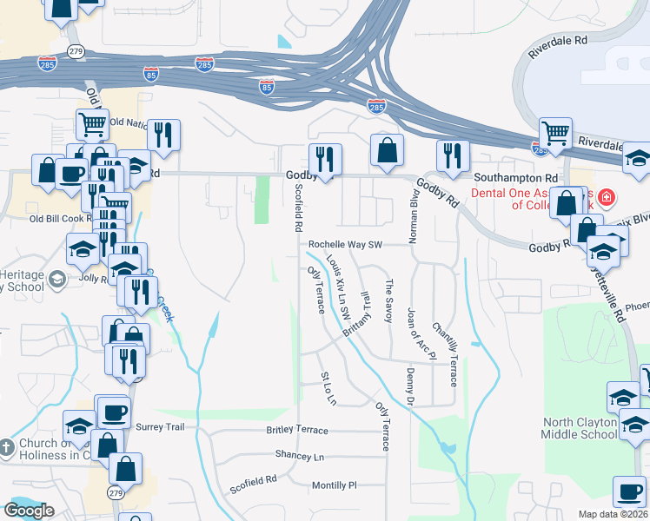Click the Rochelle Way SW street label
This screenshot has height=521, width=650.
(x=346, y=245)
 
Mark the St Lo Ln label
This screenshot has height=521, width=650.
(x=328, y=388)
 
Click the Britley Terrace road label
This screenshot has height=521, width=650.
(x=297, y=431)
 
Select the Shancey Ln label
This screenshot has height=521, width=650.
(x=299, y=456)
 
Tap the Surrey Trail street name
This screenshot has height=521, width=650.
(x=161, y=426)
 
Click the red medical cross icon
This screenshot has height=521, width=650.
(x=607, y=198)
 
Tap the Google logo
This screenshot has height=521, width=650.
(x=29, y=511)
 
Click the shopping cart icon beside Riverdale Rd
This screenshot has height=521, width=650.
(x=554, y=133)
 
